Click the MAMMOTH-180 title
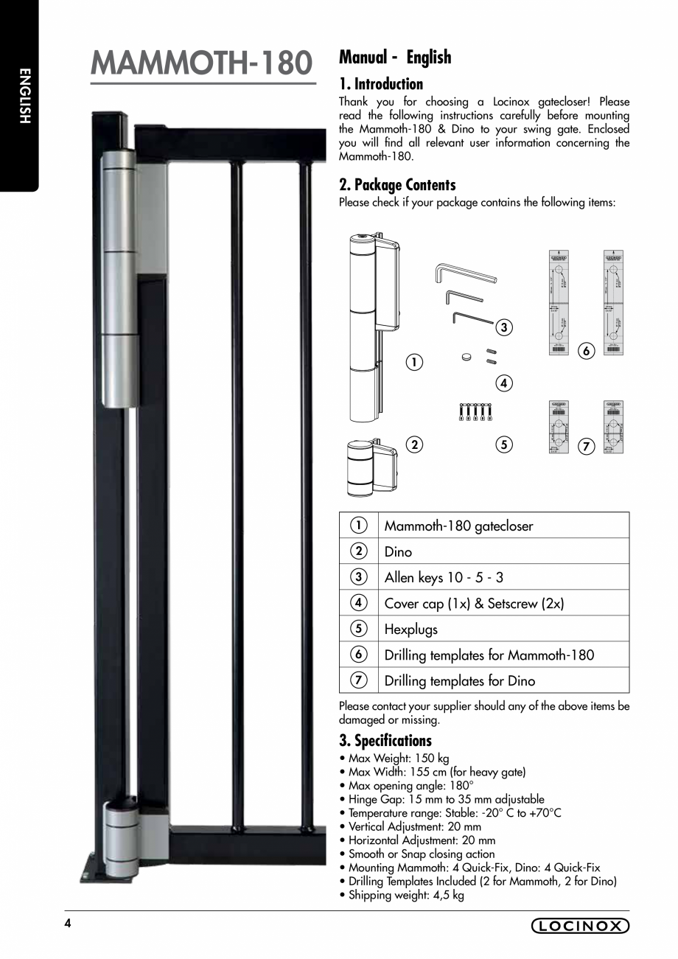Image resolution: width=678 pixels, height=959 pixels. (x=202, y=63)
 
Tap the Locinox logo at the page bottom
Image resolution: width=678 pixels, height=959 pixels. (x=580, y=927)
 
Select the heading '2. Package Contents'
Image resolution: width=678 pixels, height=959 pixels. (x=397, y=185)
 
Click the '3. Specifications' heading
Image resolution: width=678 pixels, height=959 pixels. (x=385, y=741)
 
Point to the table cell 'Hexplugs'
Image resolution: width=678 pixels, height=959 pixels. (x=411, y=630)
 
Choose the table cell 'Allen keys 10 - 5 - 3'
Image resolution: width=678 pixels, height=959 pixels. (x=444, y=578)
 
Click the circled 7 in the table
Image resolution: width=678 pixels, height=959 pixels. (x=358, y=680)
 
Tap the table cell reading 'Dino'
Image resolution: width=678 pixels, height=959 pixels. (x=399, y=552)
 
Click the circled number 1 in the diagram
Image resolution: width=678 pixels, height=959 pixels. (x=414, y=362)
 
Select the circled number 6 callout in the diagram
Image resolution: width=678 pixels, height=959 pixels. (x=587, y=351)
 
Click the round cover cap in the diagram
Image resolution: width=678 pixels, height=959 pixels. (x=466, y=356)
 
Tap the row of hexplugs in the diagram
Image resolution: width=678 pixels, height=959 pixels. (x=475, y=411)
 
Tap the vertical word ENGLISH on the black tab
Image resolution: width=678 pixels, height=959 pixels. (x=24, y=96)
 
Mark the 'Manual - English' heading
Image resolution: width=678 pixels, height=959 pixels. (x=395, y=57)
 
